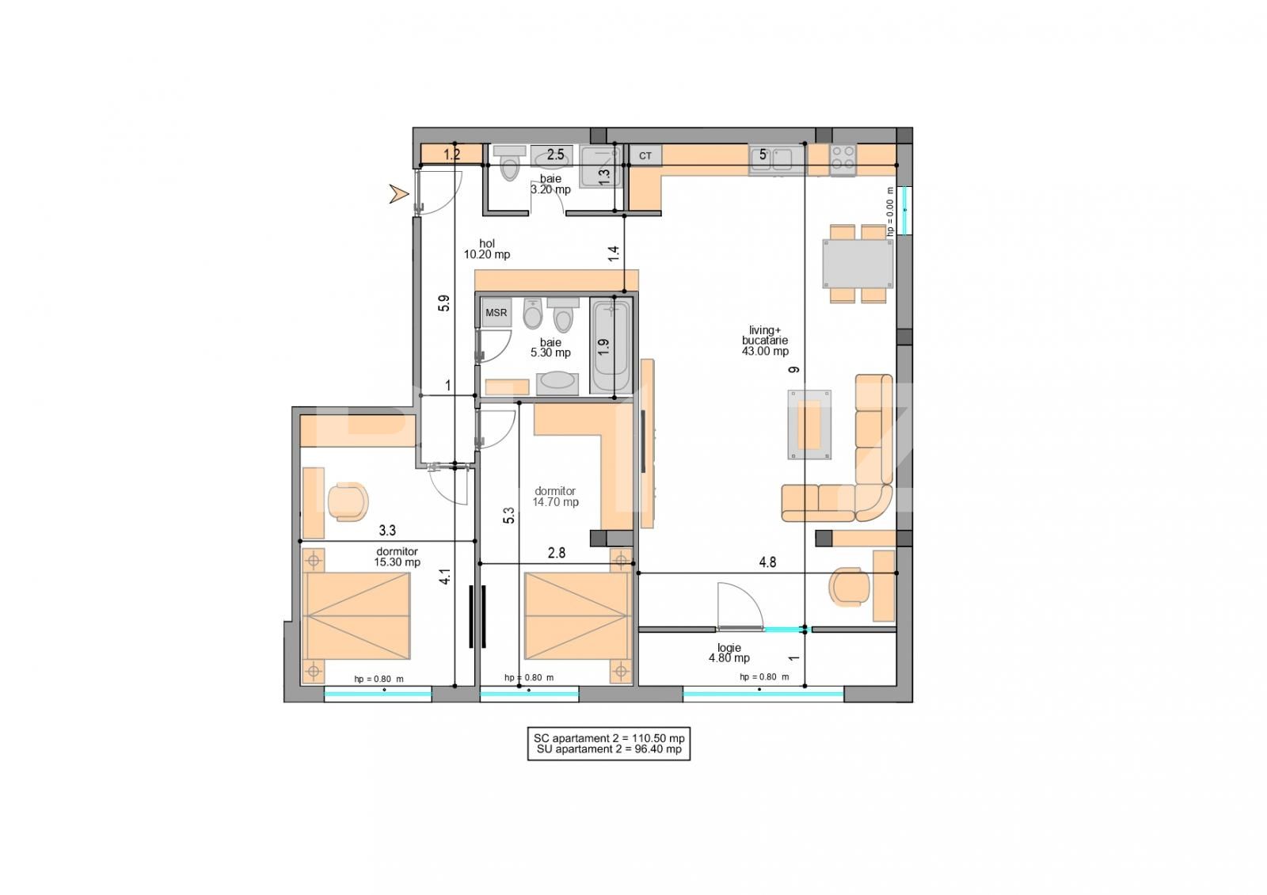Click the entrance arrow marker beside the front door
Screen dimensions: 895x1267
click(x=398, y=193)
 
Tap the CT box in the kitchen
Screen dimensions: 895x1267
click(x=645, y=156)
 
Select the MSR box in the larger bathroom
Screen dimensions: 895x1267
click(x=497, y=313)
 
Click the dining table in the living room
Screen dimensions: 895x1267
click(x=858, y=264)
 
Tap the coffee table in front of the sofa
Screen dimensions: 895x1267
click(x=809, y=425)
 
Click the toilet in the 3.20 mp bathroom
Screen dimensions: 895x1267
click(x=511, y=167)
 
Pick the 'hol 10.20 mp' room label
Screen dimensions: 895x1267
click(x=487, y=249)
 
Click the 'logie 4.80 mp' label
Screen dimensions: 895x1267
click(x=729, y=653)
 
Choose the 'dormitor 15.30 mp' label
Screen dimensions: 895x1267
click(x=398, y=557)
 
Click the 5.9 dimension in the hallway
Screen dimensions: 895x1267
click(x=444, y=303)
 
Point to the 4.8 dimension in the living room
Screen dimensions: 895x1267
click(x=767, y=563)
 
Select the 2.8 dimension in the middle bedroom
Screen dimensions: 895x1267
click(x=557, y=554)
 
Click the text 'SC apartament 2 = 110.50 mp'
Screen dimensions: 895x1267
click(x=609, y=737)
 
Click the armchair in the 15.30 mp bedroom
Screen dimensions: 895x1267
click(x=348, y=501)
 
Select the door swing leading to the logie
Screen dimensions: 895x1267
click(x=738, y=606)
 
